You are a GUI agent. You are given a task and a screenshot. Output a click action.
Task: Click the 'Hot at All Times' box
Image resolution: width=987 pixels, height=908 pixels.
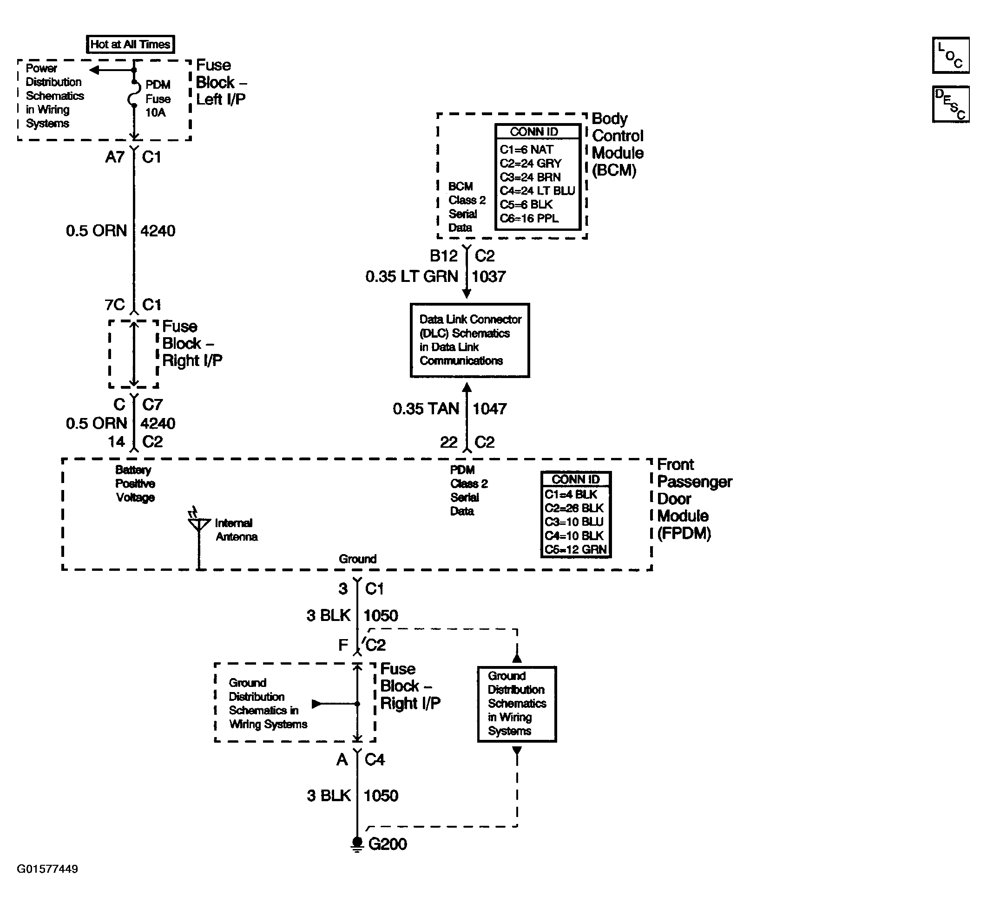(130, 44)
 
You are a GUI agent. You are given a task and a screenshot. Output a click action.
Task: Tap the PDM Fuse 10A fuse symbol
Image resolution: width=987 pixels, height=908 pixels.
(133, 94)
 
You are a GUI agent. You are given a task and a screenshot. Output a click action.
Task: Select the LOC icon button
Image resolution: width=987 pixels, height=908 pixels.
(951, 55)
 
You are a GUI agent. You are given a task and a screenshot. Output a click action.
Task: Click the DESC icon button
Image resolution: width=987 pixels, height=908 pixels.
(951, 104)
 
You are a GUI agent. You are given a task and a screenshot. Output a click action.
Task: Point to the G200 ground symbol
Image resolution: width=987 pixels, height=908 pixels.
(357, 844)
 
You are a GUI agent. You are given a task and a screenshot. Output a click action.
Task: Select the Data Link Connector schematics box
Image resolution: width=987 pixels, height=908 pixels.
(470, 340)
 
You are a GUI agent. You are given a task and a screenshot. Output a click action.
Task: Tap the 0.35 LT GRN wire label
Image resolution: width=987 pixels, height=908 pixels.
(411, 277)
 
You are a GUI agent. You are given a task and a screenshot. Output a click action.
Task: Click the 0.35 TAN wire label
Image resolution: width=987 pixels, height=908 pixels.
(426, 409)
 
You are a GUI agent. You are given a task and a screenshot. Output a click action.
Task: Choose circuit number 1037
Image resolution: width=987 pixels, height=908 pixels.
(488, 277)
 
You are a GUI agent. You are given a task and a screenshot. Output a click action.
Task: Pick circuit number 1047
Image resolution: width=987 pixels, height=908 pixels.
(490, 409)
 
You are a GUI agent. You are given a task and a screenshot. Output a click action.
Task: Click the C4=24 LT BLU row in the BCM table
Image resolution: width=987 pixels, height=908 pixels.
(537, 190)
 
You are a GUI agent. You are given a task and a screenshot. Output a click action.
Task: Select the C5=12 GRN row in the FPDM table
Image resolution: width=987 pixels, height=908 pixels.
(576, 549)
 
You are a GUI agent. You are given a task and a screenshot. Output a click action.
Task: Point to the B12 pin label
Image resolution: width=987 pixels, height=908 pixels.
(443, 256)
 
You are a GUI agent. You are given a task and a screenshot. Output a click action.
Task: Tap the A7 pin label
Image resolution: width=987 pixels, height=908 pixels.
(115, 157)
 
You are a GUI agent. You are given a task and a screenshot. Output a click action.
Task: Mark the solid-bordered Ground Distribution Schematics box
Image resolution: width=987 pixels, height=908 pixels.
(517, 704)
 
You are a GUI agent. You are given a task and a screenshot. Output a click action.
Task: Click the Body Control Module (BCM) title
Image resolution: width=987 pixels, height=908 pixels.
(618, 144)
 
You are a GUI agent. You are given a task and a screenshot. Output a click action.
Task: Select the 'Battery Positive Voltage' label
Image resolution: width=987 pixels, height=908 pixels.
(135, 484)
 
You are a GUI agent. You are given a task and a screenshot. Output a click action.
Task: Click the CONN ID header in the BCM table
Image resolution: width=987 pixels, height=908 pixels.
(534, 132)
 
